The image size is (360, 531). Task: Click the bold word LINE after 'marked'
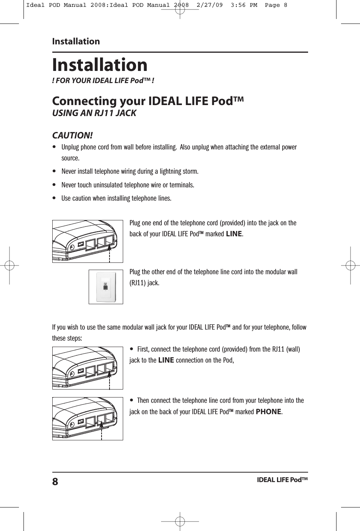233,234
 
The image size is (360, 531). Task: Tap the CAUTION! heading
72,135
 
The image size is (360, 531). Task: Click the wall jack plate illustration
106,287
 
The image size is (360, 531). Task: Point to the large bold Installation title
100,64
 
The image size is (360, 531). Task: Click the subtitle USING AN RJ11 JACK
94,113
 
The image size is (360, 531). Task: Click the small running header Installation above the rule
76,41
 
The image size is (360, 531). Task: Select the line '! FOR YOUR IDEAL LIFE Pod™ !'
103,81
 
